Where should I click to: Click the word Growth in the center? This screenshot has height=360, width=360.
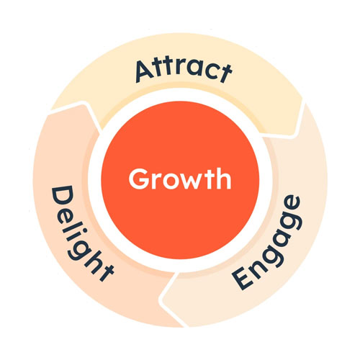click(x=180, y=179)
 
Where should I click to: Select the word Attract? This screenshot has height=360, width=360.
click(x=184, y=70)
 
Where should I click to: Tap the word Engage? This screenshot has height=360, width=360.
click(x=266, y=243)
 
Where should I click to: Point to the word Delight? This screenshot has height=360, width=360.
click(x=81, y=233)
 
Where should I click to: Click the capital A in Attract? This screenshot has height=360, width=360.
click(x=145, y=72)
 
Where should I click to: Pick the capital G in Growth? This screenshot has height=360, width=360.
click(x=139, y=179)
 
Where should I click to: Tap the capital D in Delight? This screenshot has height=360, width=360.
click(x=62, y=197)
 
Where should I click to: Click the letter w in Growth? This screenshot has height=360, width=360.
click(x=186, y=182)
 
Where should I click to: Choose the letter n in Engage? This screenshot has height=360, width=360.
click(x=257, y=261)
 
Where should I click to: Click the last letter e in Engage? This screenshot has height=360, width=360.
click(x=291, y=204)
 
